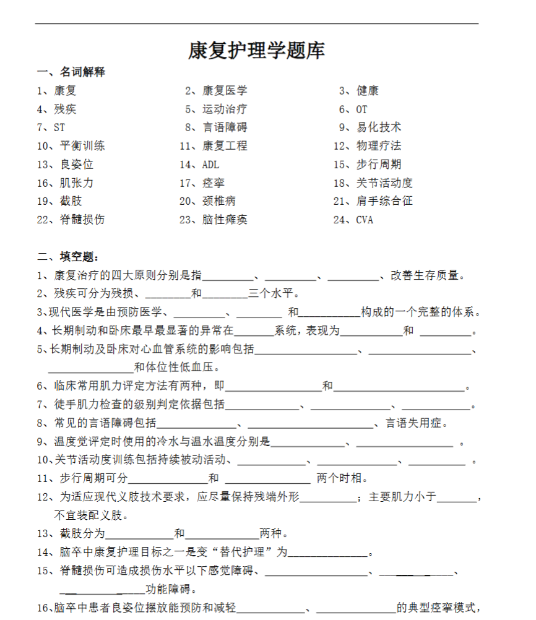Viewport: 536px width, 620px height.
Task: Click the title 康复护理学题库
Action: click(x=256, y=51)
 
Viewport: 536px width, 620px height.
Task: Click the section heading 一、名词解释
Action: click(x=71, y=72)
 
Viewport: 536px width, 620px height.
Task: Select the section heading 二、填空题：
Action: click(x=67, y=257)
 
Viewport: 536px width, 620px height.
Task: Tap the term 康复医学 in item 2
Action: click(x=225, y=91)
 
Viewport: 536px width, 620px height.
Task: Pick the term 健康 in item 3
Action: click(x=368, y=91)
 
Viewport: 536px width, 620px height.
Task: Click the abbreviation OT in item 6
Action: click(x=361, y=110)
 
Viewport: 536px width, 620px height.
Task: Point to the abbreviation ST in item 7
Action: click(x=59, y=128)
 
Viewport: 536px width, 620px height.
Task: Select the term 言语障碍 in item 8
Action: click(x=225, y=128)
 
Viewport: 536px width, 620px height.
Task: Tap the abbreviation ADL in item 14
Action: click(x=210, y=165)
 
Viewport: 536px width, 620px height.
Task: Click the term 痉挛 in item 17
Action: click(x=214, y=183)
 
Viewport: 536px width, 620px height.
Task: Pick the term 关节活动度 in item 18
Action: click(x=384, y=183)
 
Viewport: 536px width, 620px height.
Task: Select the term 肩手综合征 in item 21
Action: click(x=384, y=201)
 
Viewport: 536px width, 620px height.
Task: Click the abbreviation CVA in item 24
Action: click(x=365, y=220)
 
